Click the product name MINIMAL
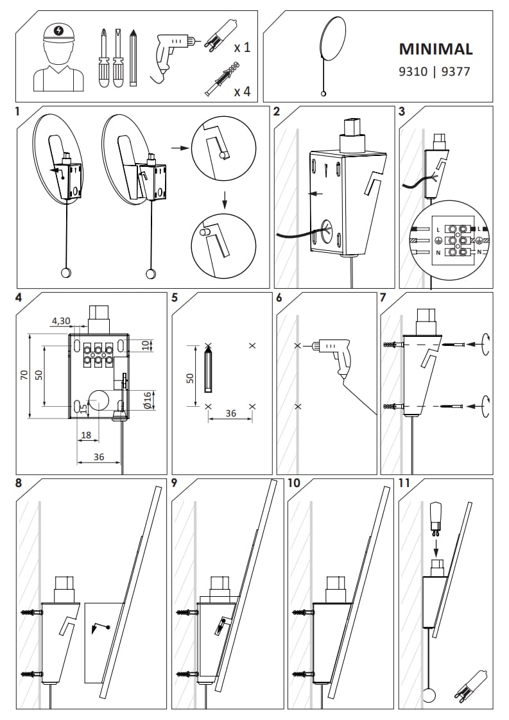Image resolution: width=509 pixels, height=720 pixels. point(436,49)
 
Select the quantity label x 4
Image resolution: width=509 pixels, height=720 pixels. point(242,91)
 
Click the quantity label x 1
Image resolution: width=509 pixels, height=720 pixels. point(242,47)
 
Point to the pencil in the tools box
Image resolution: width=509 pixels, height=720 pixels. point(134,57)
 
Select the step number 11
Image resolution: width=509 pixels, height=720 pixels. point(406,484)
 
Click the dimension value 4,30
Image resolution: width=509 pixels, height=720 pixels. point(61,321)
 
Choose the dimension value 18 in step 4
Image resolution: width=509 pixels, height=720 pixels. point(87,436)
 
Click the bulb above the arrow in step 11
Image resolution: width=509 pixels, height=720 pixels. point(435,517)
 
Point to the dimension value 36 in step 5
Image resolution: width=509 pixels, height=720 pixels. point(230,414)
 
